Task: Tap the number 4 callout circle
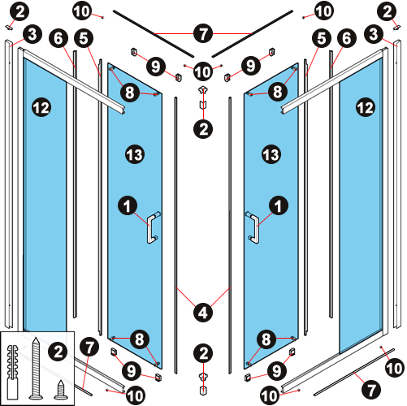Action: (x=203, y=313)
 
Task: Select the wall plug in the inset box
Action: (x=12, y=372)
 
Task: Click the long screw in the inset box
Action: (x=36, y=368)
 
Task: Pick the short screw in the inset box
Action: (x=61, y=390)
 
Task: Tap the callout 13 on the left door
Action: (x=135, y=155)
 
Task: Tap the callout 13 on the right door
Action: (x=271, y=155)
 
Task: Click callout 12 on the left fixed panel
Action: (x=41, y=107)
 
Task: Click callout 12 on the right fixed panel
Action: (x=366, y=107)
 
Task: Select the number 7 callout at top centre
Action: (x=203, y=33)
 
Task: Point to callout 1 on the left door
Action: (x=128, y=205)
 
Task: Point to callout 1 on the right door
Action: (x=279, y=205)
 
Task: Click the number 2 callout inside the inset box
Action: (x=58, y=352)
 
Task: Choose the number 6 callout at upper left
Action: (x=58, y=38)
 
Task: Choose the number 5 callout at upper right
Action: (x=322, y=38)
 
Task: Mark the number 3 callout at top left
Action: (x=32, y=34)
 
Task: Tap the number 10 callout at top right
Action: (x=324, y=11)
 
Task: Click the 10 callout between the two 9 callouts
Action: (x=203, y=72)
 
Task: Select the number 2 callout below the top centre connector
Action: (x=203, y=129)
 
